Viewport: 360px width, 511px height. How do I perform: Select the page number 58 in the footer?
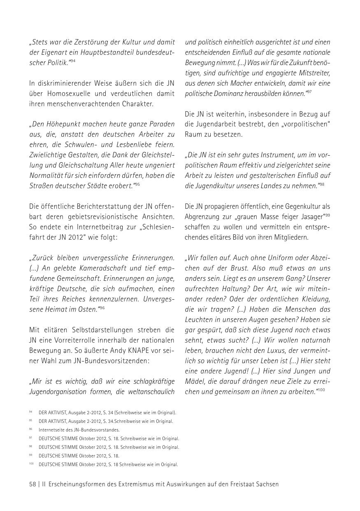(x=33, y=484)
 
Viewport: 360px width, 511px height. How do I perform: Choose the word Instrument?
(x=263, y=155)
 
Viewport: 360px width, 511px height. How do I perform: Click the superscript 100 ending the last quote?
(x=321, y=390)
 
